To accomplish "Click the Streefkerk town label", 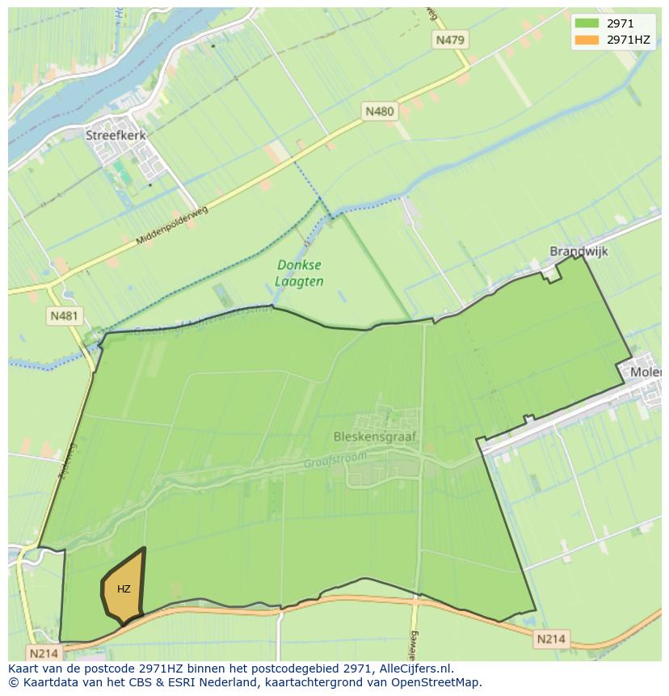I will click(x=116, y=136).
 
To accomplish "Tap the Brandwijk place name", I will click(x=579, y=251).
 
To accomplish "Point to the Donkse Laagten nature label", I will click(x=300, y=273).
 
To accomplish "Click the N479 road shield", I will click(x=450, y=40).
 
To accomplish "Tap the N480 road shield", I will click(x=380, y=112).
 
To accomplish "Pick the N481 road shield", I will click(x=64, y=316).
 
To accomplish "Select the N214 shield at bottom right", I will click(x=550, y=639).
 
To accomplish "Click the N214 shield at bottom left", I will click(x=44, y=652).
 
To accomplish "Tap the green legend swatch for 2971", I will click(x=587, y=23).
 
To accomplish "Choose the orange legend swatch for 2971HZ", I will click(x=587, y=40).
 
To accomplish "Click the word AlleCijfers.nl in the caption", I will click(x=414, y=669).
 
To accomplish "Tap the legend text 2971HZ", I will click(x=629, y=40).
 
